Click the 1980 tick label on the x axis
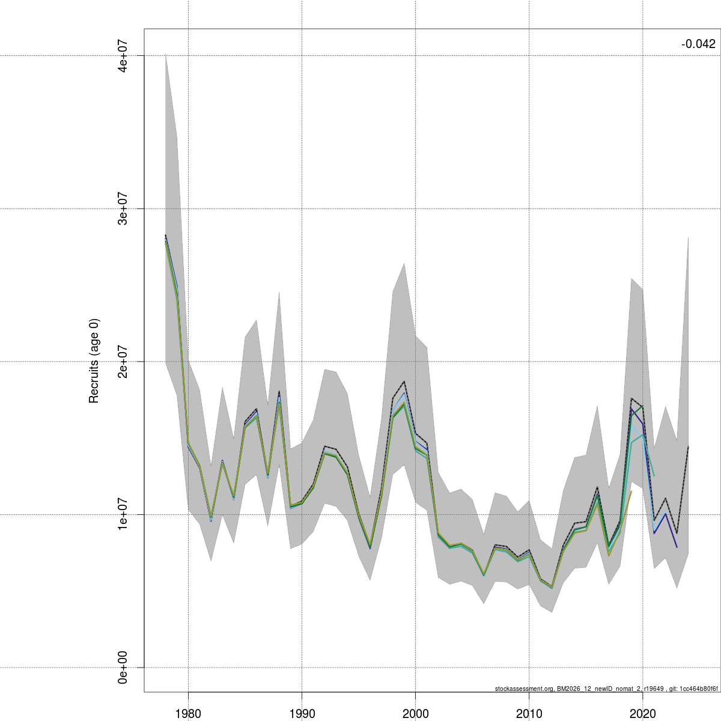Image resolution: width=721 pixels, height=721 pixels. pyautogui.click(x=188, y=713)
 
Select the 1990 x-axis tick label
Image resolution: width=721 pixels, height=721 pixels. pyautogui.click(x=302, y=713)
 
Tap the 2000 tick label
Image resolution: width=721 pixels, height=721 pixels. pyautogui.click(x=415, y=713)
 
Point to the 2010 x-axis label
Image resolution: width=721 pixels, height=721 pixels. pyautogui.click(x=529, y=713)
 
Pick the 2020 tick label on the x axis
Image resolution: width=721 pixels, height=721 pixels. pyautogui.click(x=642, y=713)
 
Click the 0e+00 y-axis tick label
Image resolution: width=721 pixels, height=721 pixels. pyautogui.click(x=123, y=668)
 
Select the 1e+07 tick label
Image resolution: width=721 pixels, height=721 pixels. pyautogui.click(x=123, y=515)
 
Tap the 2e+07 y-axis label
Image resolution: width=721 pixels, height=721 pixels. pyautogui.click(x=123, y=362)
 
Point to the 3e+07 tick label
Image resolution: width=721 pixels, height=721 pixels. pyautogui.click(x=123, y=208)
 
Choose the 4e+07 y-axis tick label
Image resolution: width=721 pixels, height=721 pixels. pyautogui.click(x=123, y=56)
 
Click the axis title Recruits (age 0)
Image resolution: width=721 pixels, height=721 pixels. pyautogui.click(x=94, y=361)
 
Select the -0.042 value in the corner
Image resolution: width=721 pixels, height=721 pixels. pyautogui.click(x=698, y=44)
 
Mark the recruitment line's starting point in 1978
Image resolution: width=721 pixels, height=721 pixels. pyautogui.click(x=165, y=236)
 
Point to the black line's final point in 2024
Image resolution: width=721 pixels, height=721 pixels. pyautogui.click(x=688, y=447)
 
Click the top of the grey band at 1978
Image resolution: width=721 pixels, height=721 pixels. pyautogui.click(x=165, y=55)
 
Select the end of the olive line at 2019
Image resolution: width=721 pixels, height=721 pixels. pyautogui.click(x=631, y=491)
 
